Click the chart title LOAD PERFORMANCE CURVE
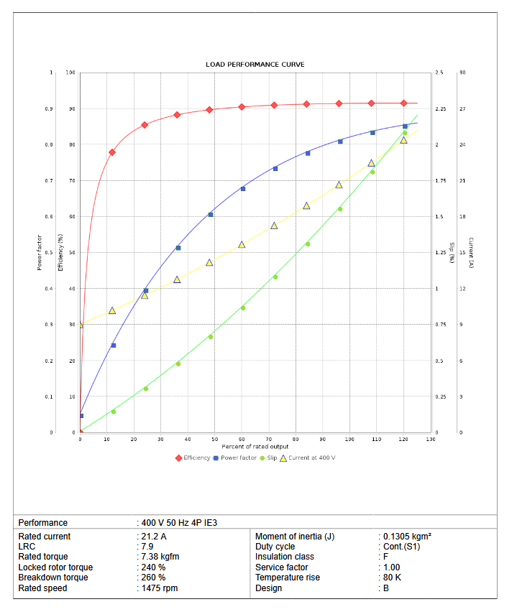pyautogui.click(x=255, y=65)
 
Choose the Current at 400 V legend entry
pyautogui.click(x=307, y=458)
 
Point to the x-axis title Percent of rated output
pyautogui.click(x=255, y=447)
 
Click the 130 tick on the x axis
pyautogui.click(x=430, y=439)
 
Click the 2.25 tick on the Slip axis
pyautogui.click(x=441, y=109)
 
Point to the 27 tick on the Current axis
pyautogui.click(x=462, y=109)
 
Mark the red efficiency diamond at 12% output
pyautogui.click(x=112, y=152)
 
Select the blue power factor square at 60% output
pyautogui.click(x=243, y=189)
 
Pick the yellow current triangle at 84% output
pyautogui.click(x=306, y=205)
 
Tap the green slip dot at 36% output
pyautogui.click(x=178, y=363)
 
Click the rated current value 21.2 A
pyautogui.click(x=153, y=537)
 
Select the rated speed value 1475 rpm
pyautogui.click(x=159, y=588)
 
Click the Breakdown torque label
pyautogui.click(x=53, y=578)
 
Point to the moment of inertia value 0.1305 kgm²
pyautogui.click(x=406, y=537)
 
